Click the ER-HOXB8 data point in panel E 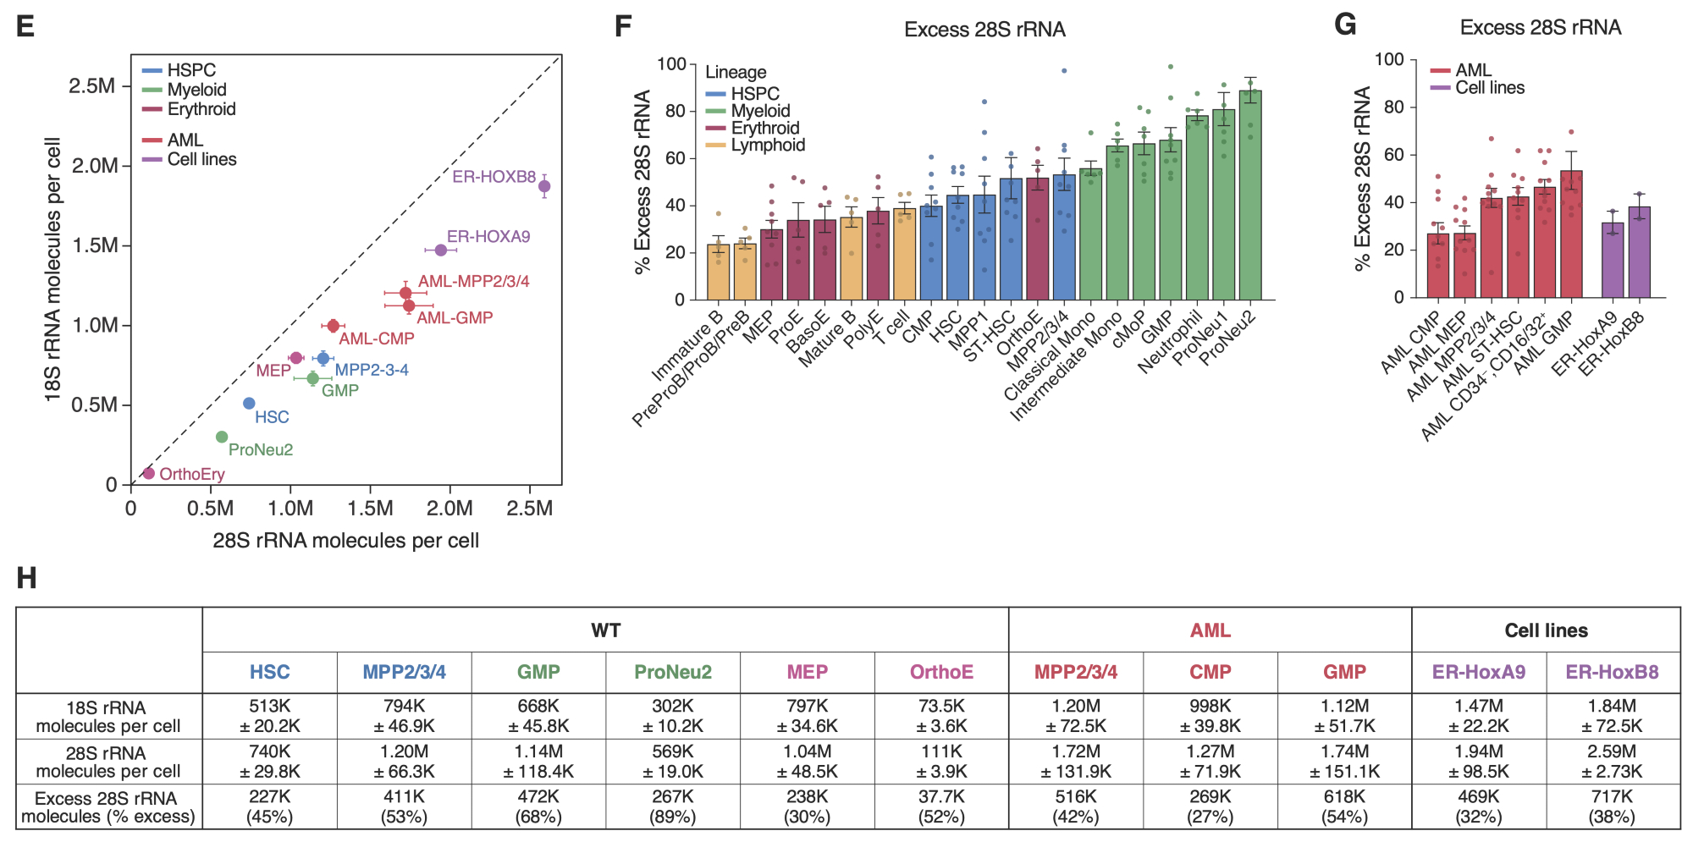click(x=544, y=186)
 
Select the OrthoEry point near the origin click(x=149, y=473)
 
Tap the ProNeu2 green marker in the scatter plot click(x=222, y=437)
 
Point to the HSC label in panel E click(x=272, y=417)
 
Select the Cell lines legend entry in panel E click(x=201, y=159)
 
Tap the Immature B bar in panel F click(x=718, y=272)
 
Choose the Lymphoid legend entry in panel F click(x=768, y=145)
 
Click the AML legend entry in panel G click(x=1473, y=70)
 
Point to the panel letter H click(x=26, y=579)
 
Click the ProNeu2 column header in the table click(x=673, y=672)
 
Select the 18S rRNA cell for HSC click(x=269, y=716)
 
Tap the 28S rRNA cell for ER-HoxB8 click(x=1612, y=761)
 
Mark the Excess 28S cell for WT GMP click(x=538, y=806)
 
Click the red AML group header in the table click(x=1210, y=630)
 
